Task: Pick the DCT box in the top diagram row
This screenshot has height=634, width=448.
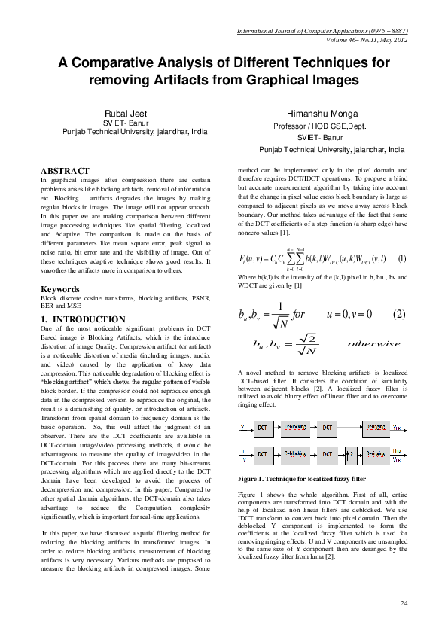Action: [262, 427]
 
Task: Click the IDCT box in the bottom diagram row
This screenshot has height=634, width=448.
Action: [326, 454]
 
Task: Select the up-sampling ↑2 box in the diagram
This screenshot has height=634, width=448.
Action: [351, 454]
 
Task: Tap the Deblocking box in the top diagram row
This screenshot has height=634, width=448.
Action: [294, 427]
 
